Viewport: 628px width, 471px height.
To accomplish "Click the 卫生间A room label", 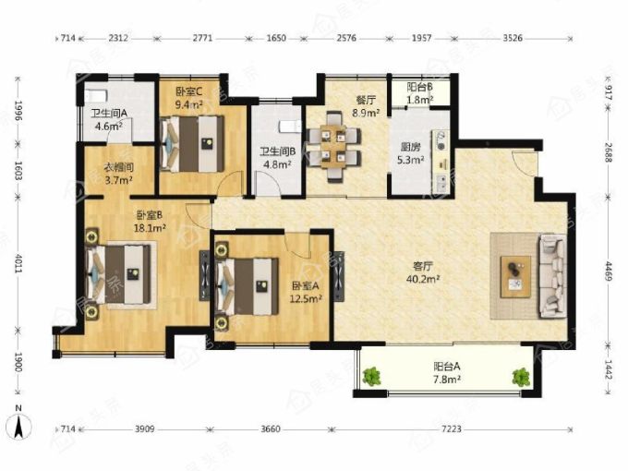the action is coord(109,114).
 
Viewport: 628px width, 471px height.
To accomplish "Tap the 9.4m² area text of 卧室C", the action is coord(188,105).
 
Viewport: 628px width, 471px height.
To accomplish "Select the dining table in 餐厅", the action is coord(333,146).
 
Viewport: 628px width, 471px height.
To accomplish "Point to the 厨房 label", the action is coord(411,147).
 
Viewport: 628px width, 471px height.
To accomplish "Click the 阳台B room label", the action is coord(419,87).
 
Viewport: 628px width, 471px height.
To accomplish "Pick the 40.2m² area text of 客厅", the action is coord(423,278).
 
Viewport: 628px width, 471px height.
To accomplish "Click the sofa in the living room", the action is coord(552,276).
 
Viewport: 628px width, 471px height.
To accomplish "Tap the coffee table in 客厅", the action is coord(516,277).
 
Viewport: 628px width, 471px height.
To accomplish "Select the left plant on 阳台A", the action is coord(371,376).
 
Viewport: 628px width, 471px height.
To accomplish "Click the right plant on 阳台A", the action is coord(521,378).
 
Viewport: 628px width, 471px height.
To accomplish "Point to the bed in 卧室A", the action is coord(247,286).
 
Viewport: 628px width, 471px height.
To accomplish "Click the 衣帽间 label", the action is coord(118,167).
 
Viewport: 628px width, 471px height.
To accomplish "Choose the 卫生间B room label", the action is coord(278,151).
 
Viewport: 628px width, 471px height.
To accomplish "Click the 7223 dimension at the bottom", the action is coord(452,429).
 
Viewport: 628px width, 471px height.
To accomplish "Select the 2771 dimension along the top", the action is coord(203,39).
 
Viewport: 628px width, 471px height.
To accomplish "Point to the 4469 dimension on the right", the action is coord(609,272).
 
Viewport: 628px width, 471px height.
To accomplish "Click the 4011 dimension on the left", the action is coord(18,263).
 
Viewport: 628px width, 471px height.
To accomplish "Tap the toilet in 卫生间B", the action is coord(290,126).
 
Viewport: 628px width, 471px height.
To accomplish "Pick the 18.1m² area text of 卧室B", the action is coord(150,228).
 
